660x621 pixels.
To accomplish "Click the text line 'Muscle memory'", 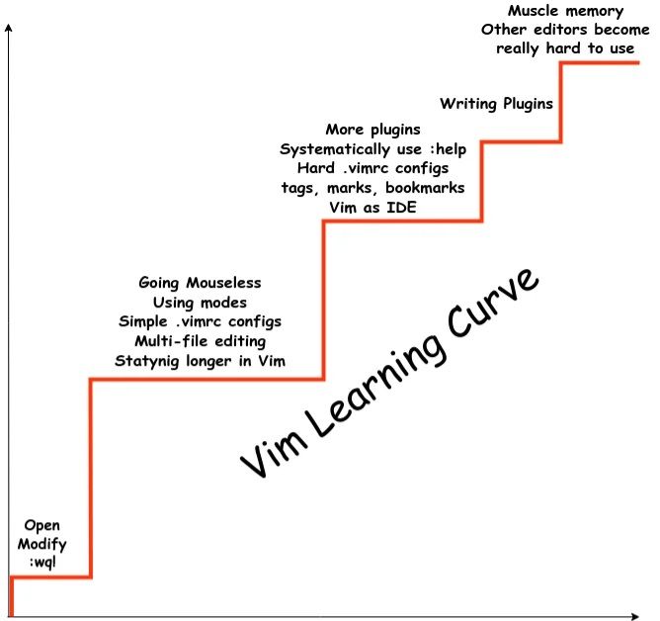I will click(551, 11).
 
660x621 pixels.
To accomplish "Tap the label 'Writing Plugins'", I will click(496, 103).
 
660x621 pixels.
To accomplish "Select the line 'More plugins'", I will click(372, 130).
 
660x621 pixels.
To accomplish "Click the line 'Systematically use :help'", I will click(372, 148).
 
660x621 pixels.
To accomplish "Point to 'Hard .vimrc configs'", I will click(372, 168).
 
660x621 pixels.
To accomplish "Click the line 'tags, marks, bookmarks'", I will click(372, 187).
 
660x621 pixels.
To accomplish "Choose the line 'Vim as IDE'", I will click(372, 207).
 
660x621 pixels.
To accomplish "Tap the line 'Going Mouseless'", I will click(200, 284).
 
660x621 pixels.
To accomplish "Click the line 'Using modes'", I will click(200, 303).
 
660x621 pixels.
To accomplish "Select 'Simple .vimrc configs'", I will click(200, 322).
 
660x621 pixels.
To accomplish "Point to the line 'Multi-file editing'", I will click(200, 341).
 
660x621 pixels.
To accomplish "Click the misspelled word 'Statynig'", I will click(147, 361).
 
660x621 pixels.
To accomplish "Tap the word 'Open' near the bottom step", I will click(41, 524).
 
